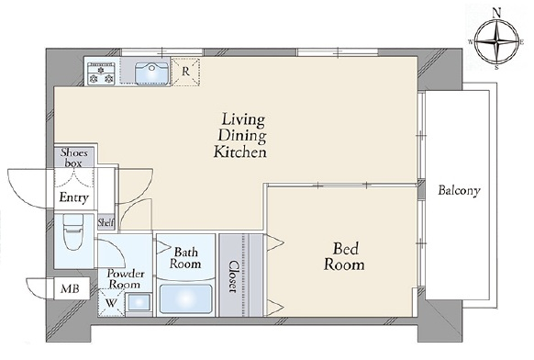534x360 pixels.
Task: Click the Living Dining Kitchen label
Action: point(240,136)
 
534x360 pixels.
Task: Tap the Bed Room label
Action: point(344,256)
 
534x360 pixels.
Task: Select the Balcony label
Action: point(459,190)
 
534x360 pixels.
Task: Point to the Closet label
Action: point(233,276)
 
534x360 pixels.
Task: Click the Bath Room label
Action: point(185,258)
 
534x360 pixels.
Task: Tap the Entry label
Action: point(74,197)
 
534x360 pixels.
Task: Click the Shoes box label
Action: point(74,158)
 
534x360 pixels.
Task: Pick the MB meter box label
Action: point(70,288)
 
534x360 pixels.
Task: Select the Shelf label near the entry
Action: point(106,222)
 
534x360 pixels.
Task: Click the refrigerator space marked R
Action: point(185,72)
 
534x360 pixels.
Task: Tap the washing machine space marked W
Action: point(110,303)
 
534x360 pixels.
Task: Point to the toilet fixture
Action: point(73,232)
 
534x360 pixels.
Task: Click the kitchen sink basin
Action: point(152,73)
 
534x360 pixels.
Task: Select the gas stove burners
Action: point(101,74)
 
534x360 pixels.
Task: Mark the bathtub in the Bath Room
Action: point(185,299)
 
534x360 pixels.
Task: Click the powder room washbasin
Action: point(139,302)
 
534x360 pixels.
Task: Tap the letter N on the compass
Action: point(497,13)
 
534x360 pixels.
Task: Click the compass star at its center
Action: point(497,42)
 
